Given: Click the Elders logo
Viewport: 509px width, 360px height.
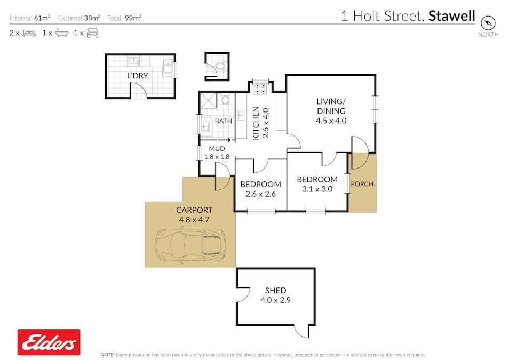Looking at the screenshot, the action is [49, 342].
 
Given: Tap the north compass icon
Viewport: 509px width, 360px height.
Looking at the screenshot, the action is [488, 23].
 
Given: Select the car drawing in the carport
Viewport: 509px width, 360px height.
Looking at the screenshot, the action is [190, 245].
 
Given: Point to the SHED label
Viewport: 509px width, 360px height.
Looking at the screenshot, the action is [276, 290].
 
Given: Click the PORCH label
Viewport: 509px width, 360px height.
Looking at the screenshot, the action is [362, 184].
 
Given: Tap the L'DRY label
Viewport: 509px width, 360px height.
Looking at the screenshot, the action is [138, 76].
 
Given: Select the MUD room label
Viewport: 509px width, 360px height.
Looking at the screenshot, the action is [217, 149].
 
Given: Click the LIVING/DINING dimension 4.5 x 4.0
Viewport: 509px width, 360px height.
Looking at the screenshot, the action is [331, 121].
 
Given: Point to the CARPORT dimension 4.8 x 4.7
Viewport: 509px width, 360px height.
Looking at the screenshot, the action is [194, 220].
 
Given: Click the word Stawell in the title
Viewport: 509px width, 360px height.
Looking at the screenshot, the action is [451, 16].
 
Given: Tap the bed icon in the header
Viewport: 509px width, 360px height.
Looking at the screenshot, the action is [29, 33].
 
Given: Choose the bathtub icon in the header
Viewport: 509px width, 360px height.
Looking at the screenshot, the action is [62, 33].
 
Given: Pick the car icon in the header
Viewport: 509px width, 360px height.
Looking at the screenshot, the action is [92, 33].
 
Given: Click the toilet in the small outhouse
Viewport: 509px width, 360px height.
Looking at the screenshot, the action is [221, 66].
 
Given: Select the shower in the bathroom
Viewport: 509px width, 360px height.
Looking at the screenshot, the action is [208, 100].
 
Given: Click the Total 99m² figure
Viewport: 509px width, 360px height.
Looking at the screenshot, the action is [124, 18].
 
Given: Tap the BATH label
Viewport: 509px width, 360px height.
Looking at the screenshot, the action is [224, 121].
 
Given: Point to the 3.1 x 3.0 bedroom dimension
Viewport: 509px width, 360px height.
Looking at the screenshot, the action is [317, 189].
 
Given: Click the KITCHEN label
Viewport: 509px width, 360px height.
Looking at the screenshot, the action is [256, 123].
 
